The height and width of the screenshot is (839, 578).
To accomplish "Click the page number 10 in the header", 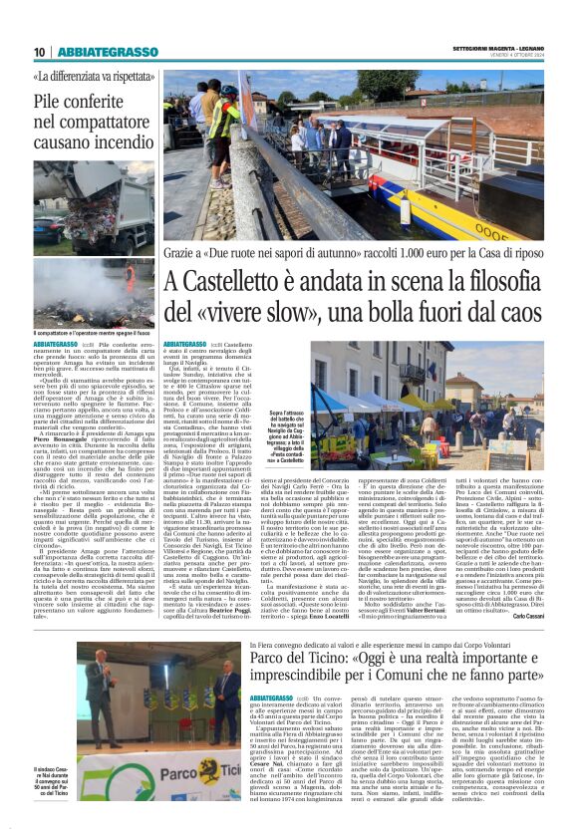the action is [x=40, y=53].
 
